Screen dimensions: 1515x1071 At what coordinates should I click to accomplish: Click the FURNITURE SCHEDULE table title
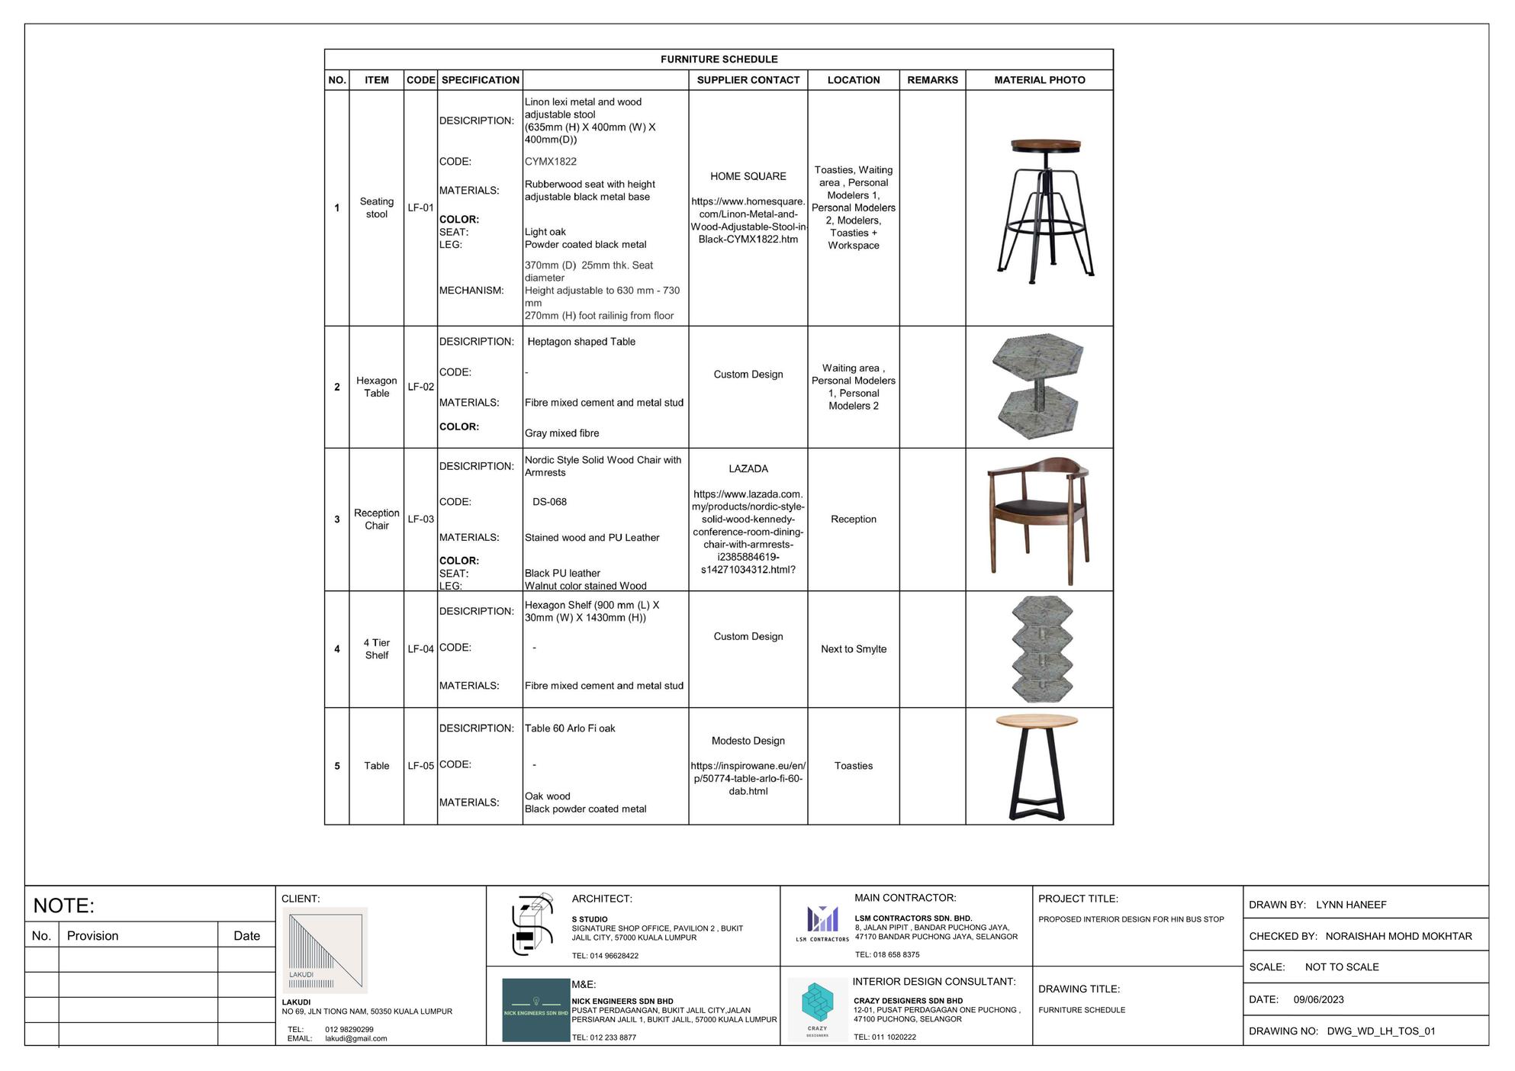coord(719,59)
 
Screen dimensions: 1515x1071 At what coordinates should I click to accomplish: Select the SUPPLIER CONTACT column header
coord(748,80)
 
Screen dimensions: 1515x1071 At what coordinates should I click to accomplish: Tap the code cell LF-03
coord(420,519)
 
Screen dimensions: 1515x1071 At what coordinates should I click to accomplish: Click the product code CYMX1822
coord(550,162)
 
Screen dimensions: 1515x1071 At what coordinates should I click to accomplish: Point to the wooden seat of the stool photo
coord(1046,145)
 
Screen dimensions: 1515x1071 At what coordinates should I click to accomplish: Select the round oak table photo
coord(1037,766)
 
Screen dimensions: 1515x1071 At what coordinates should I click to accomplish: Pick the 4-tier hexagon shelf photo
coord(1041,649)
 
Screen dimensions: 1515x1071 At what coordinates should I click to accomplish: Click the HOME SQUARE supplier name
coord(748,176)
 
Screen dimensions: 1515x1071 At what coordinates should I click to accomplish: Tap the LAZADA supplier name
coord(748,469)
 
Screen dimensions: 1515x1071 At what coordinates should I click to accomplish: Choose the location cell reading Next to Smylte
coord(853,649)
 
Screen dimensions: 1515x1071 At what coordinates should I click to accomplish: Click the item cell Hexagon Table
coord(376,387)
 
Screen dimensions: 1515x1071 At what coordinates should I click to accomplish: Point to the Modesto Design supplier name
coord(748,741)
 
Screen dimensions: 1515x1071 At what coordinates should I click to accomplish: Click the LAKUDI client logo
coord(325,950)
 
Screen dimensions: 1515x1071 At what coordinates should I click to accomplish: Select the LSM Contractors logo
coord(822,922)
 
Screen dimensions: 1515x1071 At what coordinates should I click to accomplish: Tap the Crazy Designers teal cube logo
coord(817,1006)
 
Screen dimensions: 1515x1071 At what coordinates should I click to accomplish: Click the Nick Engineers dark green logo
coord(536,1010)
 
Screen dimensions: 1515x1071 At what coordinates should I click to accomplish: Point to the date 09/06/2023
coord(1318,999)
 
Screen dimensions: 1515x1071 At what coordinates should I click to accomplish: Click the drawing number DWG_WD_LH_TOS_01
coord(1381,1031)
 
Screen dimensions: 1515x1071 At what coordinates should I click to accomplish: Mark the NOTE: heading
coord(64,905)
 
